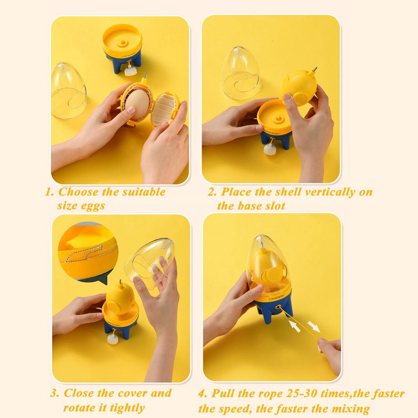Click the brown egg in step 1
tap(138, 104)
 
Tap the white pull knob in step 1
tap(130, 71)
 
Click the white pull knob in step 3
tap(112, 339)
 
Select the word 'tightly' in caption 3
tap(127, 408)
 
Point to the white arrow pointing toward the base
tap(295, 326)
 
